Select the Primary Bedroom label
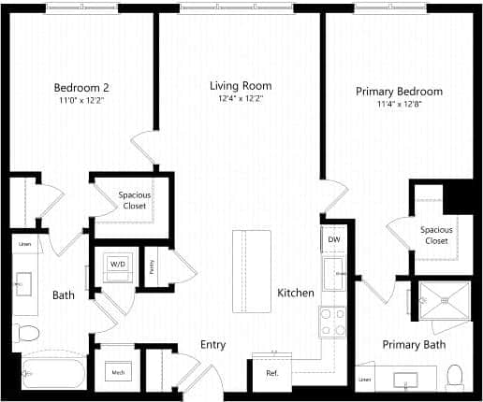point(399,92)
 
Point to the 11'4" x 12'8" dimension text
point(399,105)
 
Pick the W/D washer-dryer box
point(119,265)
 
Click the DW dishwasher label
point(334,240)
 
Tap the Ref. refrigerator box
point(272,372)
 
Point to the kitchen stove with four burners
point(333,323)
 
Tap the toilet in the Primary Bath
point(456,376)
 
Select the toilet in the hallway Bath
point(27,332)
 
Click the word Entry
point(213,345)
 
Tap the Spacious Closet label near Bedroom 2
point(135,200)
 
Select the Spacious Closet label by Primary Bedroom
point(436,235)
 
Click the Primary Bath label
point(414,344)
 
